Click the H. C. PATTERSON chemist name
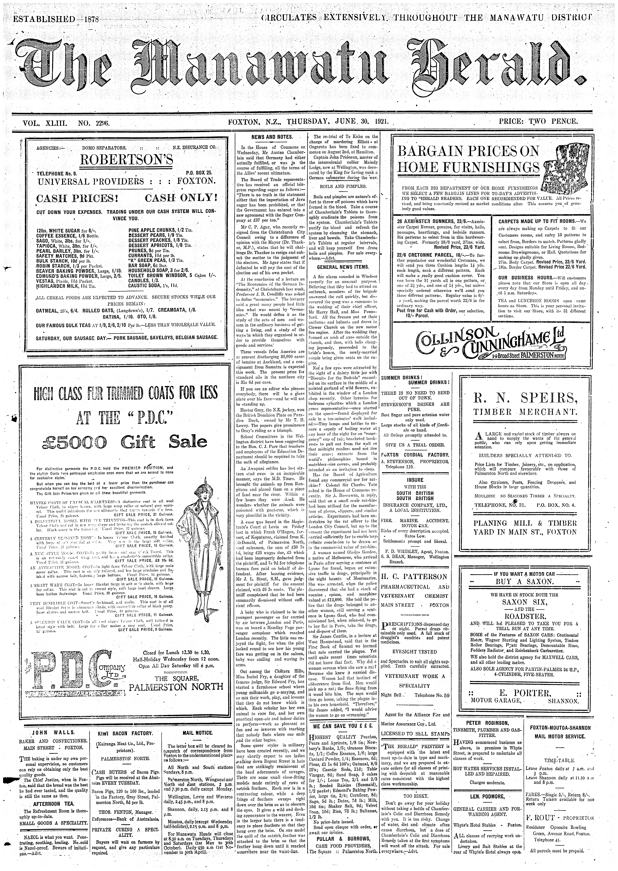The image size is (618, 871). tap(415, 577)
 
